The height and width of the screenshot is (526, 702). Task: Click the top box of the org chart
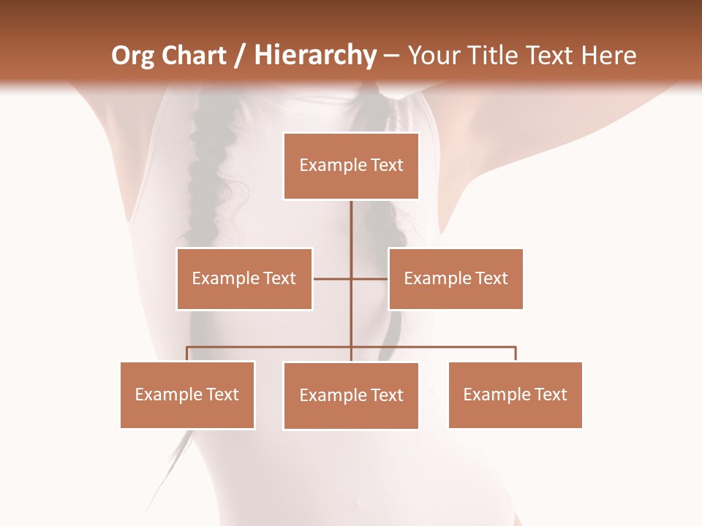pyautogui.click(x=351, y=166)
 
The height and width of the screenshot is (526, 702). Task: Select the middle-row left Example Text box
pyautogui.click(x=244, y=278)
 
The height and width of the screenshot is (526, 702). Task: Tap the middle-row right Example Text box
pyautogui.click(x=456, y=278)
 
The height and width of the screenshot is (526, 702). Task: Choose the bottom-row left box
pyautogui.click(x=187, y=394)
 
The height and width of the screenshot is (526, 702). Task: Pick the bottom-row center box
pyautogui.click(x=351, y=395)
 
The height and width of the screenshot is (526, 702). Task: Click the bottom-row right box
pyautogui.click(x=515, y=394)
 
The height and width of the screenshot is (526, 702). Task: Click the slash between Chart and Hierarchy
pyautogui.click(x=240, y=56)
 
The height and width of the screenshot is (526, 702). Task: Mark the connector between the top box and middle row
pyautogui.click(x=351, y=226)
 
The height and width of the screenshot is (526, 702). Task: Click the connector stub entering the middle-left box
pyautogui.click(x=331, y=278)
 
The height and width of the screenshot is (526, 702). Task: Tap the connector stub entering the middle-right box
pyautogui.click(x=370, y=278)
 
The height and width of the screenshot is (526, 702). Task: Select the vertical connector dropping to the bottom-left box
pyautogui.click(x=187, y=354)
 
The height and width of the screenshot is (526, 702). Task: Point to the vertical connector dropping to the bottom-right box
pyautogui.click(x=516, y=354)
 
